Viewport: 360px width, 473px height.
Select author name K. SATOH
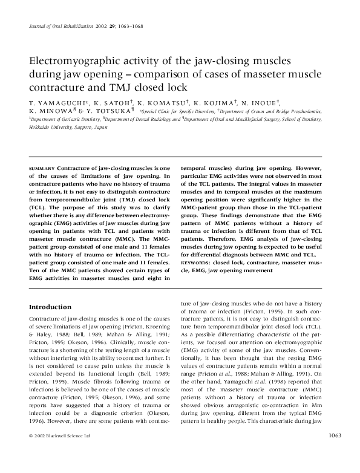[111, 103]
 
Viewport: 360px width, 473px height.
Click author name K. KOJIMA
[217, 103]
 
